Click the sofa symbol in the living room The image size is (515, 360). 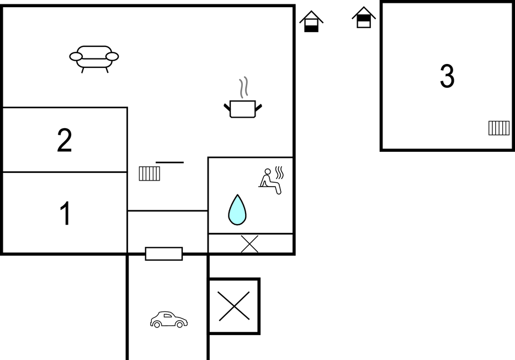(94, 59)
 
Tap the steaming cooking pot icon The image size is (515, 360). (243, 98)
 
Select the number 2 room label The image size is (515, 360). (65, 140)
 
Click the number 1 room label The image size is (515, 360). (65, 213)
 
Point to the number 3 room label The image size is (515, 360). (447, 76)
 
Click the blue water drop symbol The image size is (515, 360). (237, 210)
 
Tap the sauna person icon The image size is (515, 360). (270, 181)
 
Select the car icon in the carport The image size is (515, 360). (169, 320)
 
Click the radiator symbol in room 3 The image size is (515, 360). (499, 128)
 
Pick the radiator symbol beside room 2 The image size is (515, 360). (150, 174)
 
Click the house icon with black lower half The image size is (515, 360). (311, 22)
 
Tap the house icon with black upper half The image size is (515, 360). (364, 18)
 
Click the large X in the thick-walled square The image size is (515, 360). (234, 306)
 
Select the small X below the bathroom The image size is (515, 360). (249, 244)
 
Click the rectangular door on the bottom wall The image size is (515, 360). (164, 254)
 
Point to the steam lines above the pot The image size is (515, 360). (243, 88)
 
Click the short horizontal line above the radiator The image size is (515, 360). (170, 162)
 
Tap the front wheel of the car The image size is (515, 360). (179, 325)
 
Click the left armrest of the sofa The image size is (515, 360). (76, 56)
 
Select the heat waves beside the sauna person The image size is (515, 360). (279, 173)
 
